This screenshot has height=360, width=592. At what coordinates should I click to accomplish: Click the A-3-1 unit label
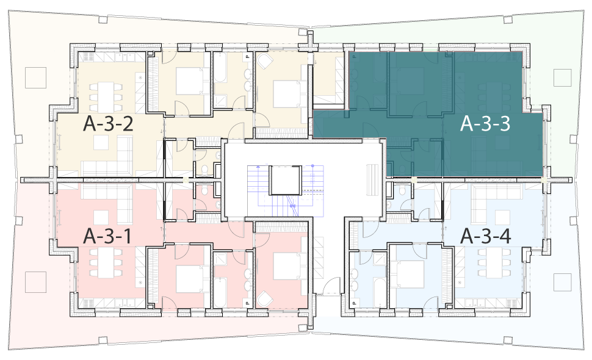click(x=107, y=236)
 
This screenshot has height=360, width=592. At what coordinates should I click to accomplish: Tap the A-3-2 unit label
click(x=108, y=123)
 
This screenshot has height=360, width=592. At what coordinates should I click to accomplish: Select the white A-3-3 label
click(x=485, y=123)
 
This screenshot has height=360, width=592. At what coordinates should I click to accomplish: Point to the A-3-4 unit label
click(x=486, y=236)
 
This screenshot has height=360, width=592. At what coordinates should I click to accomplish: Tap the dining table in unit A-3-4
click(x=494, y=262)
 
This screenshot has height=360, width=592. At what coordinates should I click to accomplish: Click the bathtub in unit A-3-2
click(x=220, y=68)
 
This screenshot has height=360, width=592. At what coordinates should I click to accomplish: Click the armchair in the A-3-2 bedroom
click(x=264, y=60)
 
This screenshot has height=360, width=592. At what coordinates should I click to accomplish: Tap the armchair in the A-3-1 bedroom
click(x=264, y=300)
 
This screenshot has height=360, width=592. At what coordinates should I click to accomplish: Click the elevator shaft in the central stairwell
click(x=286, y=181)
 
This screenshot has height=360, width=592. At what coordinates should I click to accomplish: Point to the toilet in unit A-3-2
click(x=204, y=170)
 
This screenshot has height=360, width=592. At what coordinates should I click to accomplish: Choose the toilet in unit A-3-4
click(x=402, y=189)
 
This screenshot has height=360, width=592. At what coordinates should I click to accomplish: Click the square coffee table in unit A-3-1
click(x=101, y=218)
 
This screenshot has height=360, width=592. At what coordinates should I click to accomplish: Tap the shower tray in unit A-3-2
click(x=221, y=101)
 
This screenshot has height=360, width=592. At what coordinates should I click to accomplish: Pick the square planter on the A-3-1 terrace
click(x=35, y=282)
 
